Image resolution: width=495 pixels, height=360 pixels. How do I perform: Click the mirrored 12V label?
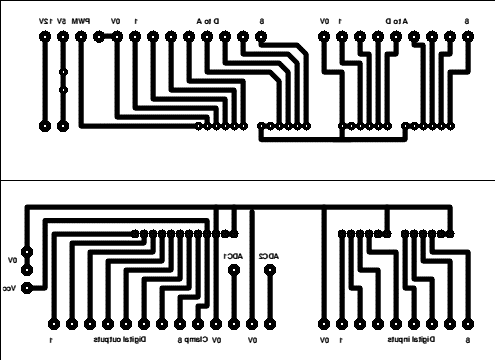coord(44,20)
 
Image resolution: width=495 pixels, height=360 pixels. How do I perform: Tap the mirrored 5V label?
coord(62,20)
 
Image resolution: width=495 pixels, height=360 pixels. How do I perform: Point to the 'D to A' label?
coord(208,20)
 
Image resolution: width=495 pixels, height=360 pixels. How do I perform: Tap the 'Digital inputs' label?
coord(413,340)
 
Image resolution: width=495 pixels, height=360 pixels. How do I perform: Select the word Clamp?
coord(206,340)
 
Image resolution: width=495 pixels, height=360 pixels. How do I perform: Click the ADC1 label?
coord(233,256)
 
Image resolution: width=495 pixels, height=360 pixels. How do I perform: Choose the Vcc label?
coord(10,287)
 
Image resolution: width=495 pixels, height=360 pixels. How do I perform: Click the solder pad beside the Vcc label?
coord(27,287)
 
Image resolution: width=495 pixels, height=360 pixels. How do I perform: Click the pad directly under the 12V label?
coord(44,37)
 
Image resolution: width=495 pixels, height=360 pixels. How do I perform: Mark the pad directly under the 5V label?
coord(62,37)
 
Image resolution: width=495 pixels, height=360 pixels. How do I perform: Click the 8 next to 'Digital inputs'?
coord(466,340)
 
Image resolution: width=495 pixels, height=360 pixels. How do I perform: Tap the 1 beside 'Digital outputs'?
coord(51,340)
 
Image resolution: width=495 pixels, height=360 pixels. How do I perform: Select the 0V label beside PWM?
coord(114,20)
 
